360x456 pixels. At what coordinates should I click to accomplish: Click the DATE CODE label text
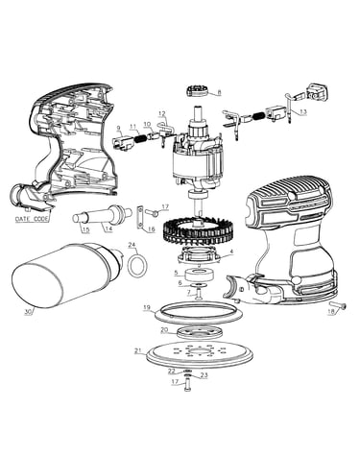point(32,219)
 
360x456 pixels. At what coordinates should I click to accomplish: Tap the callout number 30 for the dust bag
point(29,312)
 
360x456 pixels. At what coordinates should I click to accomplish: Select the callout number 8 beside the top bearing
point(219,92)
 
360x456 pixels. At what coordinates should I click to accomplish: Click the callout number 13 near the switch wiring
point(303,111)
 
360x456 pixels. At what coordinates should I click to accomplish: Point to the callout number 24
point(132,245)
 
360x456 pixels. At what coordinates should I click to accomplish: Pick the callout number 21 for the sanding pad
point(138,350)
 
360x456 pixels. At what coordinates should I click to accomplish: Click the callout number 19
point(147,308)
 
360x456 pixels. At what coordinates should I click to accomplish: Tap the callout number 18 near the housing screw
point(331,312)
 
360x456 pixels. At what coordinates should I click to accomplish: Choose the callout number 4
point(231,252)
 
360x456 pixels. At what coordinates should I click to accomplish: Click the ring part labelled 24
point(137,266)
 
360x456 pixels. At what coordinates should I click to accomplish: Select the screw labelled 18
point(339,306)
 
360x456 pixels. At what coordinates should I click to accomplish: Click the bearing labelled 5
point(197,274)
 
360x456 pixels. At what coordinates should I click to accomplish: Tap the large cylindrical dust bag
point(67,277)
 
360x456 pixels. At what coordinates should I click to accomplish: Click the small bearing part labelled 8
point(198,90)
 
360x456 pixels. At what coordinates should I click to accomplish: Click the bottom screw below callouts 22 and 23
point(187,383)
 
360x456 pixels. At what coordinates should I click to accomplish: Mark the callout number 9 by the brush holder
point(119,129)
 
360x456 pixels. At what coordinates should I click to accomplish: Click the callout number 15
point(85,229)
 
